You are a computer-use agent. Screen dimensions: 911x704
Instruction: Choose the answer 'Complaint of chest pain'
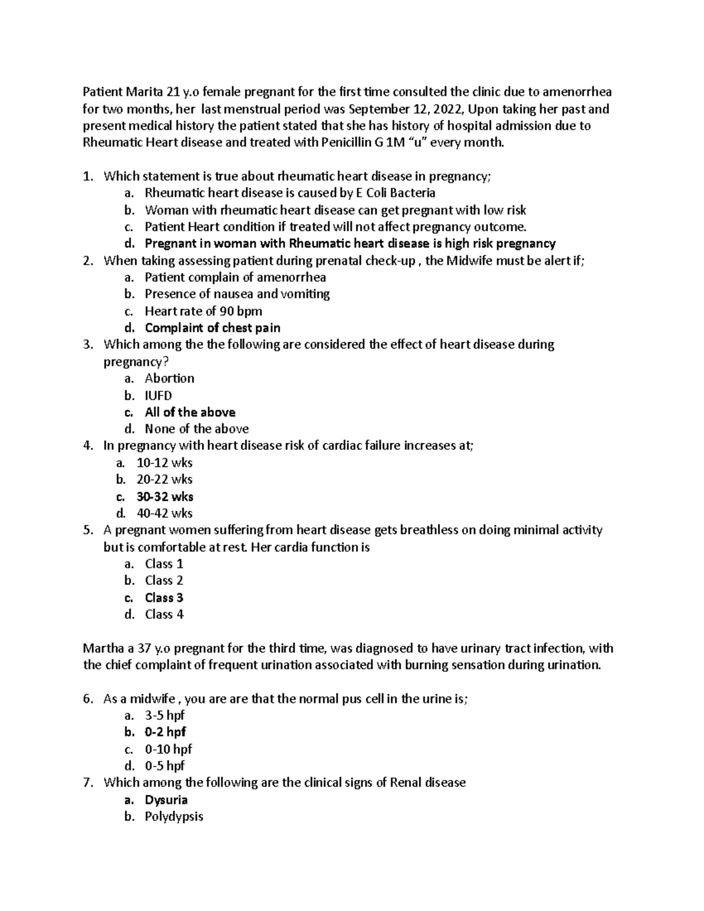pyautogui.click(x=212, y=328)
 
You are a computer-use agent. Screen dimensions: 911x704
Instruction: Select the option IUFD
pyautogui.click(x=158, y=395)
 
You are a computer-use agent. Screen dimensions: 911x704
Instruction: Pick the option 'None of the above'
pyautogui.click(x=197, y=429)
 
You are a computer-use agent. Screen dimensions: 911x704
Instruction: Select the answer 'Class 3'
pyautogui.click(x=164, y=598)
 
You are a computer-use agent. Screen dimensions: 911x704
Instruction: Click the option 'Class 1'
pyautogui.click(x=164, y=564)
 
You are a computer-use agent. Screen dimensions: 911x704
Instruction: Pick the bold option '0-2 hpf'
pyautogui.click(x=165, y=732)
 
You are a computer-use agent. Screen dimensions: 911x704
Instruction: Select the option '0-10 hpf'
pyautogui.click(x=168, y=749)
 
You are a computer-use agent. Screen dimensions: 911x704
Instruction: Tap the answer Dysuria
pyautogui.click(x=166, y=800)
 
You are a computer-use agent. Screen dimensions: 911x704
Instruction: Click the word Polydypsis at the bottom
pyautogui.click(x=174, y=817)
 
